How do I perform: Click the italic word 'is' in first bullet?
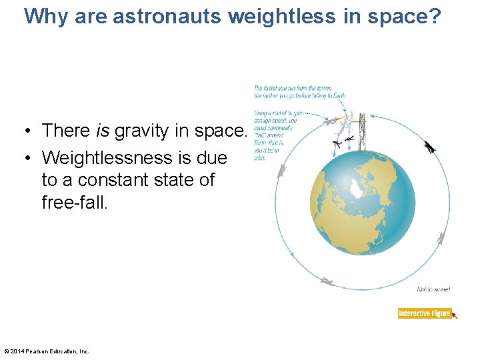point(103,131)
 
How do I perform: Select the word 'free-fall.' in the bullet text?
point(74,202)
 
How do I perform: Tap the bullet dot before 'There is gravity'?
point(31,131)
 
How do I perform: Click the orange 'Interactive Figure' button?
point(425,313)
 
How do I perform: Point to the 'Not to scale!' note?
point(433,289)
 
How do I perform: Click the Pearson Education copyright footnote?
point(47,351)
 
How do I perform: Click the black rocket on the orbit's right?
point(431,148)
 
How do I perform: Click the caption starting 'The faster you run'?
point(299,91)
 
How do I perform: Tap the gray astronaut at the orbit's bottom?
point(326,281)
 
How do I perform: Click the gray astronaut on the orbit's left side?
point(282,172)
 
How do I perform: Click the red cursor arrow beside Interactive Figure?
point(455,315)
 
